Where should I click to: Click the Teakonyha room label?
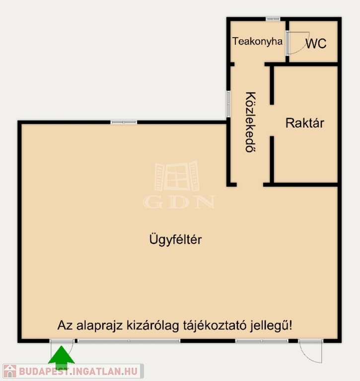point(257,41)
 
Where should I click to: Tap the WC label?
point(316,44)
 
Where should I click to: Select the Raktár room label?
point(305,123)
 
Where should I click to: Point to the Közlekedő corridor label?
point(251,122)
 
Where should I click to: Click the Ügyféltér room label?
point(175,240)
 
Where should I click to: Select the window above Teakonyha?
point(273,19)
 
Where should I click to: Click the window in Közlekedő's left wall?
point(228,104)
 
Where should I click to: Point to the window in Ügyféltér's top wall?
point(124,122)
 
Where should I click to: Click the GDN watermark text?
point(179,202)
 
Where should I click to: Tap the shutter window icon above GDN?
point(177,176)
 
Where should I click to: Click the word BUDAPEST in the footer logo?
point(42,372)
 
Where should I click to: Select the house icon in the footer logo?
point(10,371)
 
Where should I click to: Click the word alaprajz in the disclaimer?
point(99,326)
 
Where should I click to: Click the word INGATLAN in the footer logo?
point(96,372)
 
